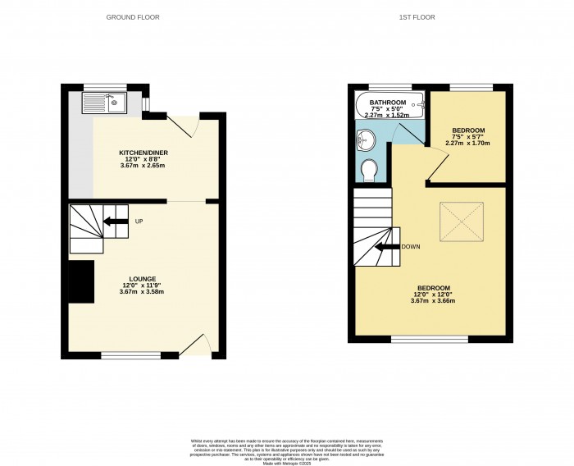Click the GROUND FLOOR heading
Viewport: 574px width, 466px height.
pos(132,16)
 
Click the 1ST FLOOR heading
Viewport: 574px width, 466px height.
pos(418,16)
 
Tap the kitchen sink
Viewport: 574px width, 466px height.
pos(104,103)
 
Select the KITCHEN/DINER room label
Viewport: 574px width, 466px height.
pos(138,153)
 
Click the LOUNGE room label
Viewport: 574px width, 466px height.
pos(137,279)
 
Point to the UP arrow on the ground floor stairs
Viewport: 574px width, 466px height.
pos(115,220)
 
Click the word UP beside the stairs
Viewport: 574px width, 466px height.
pos(139,220)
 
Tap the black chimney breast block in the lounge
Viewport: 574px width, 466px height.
pos(80,281)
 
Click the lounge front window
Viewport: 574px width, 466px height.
pos(131,354)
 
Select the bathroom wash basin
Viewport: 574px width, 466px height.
pos(366,139)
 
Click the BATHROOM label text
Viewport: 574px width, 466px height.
pos(388,102)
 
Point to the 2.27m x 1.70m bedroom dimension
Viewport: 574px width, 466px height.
pos(467,144)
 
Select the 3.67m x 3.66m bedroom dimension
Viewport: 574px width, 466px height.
pos(433,301)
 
